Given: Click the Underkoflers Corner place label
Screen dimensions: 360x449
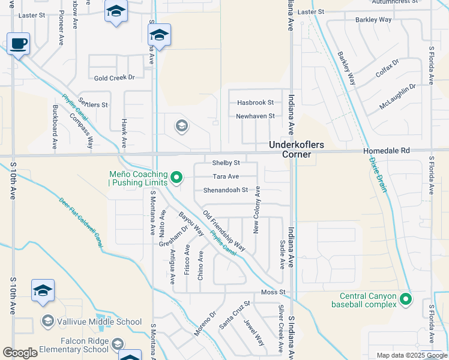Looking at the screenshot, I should pyautogui.click(x=290, y=149).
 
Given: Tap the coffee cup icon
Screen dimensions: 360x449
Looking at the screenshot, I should pyautogui.click(x=19, y=44).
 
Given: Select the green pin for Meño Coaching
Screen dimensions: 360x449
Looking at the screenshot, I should pyautogui.click(x=176, y=177).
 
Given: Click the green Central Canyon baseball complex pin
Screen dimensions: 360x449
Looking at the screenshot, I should pyautogui.click(x=406, y=298).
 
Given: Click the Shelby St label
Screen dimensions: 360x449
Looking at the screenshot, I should pyautogui.click(x=226, y=163).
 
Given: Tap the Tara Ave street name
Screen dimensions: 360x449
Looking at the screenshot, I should pyautogui.click(x=226, y=176).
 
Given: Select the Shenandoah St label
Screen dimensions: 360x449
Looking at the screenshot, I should pyautogui.click(x=225, y=190).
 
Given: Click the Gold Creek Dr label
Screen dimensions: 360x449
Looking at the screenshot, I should pyautogui.click(x=114, y=77).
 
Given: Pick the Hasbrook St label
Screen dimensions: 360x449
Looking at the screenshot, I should pyautogui.click(x=255, y=103).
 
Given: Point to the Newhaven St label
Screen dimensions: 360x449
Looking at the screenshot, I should pyautogui.click(x=255, y=116).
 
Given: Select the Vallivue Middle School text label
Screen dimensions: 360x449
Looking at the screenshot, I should pyautogui.click(x=100, y=322).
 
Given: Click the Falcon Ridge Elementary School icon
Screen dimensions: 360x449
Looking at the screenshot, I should pyautogui.click(x=118, y=343).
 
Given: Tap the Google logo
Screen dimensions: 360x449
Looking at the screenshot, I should pyautogui.click(x=20, y=353).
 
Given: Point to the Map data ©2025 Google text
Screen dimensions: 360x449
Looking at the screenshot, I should pyautogui.click(x=412, y=355).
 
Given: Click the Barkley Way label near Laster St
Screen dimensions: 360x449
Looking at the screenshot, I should pyautogui.click(x=373, y=20).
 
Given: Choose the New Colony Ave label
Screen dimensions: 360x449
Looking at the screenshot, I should pyautogui.click(x=256, y=209).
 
